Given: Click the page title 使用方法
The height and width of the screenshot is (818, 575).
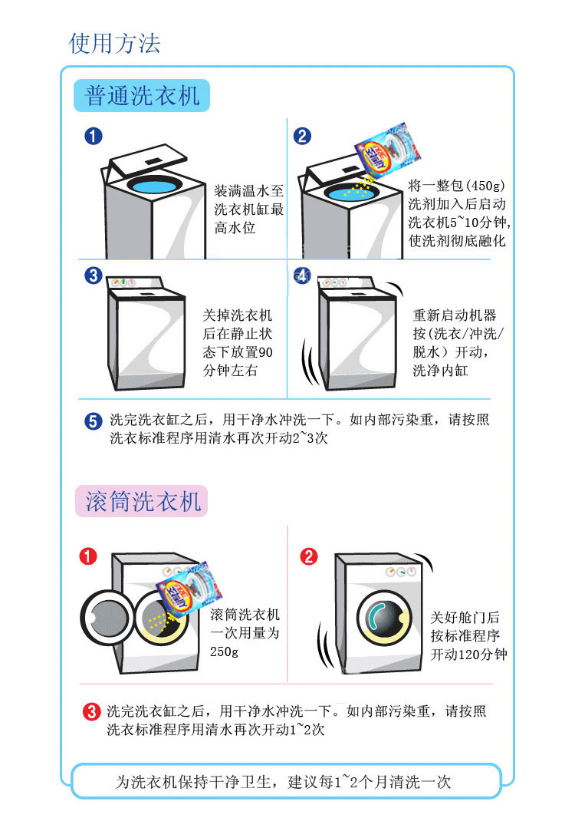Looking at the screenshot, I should point(115,43).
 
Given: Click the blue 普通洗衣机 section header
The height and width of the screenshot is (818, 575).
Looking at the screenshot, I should point(143,96).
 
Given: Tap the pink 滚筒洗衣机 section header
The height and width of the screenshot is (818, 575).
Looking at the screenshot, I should point(143,502).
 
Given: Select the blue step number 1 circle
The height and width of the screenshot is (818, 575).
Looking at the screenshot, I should point(93,137).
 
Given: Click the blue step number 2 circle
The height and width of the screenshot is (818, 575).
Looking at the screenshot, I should point(302,137).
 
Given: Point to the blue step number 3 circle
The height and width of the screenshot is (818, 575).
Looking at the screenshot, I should point(93,275).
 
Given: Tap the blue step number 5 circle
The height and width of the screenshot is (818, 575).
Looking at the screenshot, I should point(93,421).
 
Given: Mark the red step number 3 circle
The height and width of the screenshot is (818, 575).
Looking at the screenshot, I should point(91,712).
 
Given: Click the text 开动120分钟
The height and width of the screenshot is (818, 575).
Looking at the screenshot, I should point(468,655).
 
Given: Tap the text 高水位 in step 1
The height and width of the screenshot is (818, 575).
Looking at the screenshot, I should point(235,228).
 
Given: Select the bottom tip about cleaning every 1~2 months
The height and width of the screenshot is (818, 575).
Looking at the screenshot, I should point(283,782).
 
